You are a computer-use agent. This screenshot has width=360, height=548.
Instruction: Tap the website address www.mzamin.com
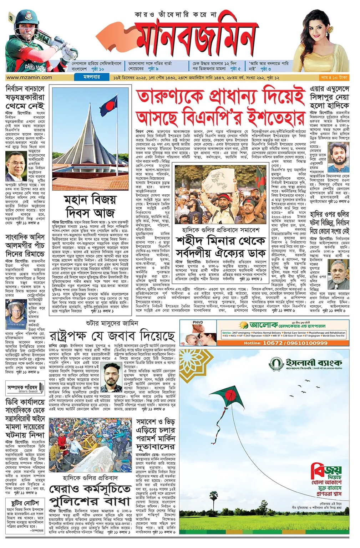29,77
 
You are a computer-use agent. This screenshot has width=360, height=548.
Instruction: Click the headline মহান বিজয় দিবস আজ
90,206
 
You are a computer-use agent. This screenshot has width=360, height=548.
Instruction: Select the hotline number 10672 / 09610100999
285,343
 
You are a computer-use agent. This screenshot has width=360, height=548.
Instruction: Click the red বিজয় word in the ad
326,471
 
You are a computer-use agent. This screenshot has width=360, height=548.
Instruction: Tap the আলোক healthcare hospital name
264,326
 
